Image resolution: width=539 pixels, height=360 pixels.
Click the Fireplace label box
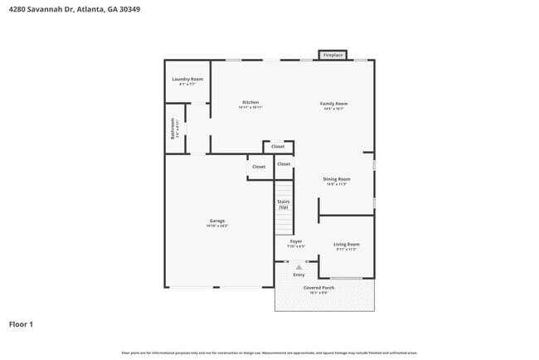[333, 55]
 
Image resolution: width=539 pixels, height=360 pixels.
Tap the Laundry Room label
[187, 79]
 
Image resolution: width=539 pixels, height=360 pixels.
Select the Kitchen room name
[250, 102]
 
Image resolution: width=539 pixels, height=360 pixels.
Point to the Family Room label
[334, 104]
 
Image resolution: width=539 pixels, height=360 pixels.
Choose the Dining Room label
[336, 179]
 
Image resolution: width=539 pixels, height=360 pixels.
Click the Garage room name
[217, 221]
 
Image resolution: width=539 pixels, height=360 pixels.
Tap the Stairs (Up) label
[284, 204]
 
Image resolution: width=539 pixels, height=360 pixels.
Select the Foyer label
[295, 241]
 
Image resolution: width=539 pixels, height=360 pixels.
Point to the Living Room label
[346, 244]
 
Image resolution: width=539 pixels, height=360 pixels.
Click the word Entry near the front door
[299, 275]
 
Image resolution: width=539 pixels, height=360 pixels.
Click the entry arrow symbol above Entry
[299, 266]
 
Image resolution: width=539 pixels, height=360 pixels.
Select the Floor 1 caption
[21, 324]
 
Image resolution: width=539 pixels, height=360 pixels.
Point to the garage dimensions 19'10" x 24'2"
[217, 226]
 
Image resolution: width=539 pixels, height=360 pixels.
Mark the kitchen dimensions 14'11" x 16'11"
[250, 107]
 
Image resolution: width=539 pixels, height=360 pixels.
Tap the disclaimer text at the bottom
[269, 352]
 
